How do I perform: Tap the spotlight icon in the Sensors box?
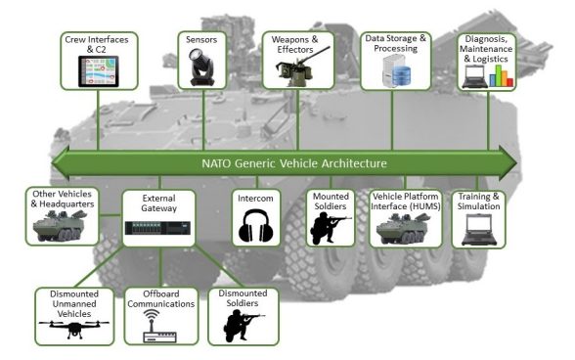click(201, 67)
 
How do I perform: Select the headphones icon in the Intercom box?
click(256, 228)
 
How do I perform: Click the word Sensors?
click(201, 40)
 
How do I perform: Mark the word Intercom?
click(256, 197)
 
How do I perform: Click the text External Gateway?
click(157, 202)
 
